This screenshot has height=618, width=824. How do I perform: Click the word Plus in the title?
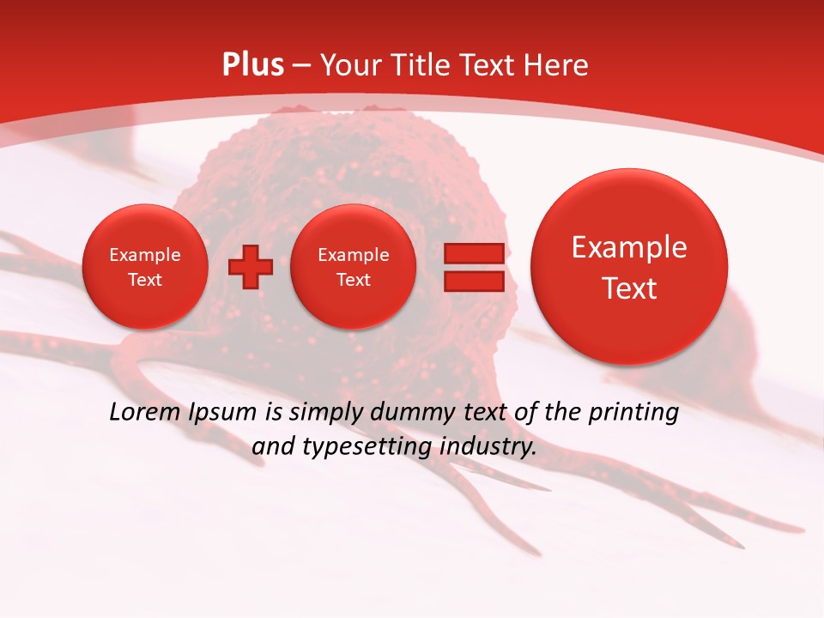pyautogui.click(x=252, y=65)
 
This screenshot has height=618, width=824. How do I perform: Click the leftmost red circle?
pyautogui.click(x=145, y=267)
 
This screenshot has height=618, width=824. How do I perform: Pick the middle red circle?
pyautogui.click(x=354, y=267)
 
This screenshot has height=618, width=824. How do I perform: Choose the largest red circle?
pyautogui.click(x=629, y=267)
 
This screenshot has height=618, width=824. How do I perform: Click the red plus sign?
pyautogui.click(x=250, y=266)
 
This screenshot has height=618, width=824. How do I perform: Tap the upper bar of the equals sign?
pyautogui.click(x=473, y=253)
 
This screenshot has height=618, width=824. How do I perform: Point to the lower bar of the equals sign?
pyautogui.click(x=473, y=282)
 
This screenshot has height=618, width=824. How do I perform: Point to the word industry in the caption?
pyautogui.click(x=487, y=447)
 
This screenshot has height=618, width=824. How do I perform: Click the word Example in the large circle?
pyautogui.click(x=629, y=247)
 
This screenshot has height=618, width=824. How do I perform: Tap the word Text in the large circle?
pyautogui.click(x=629, y=288)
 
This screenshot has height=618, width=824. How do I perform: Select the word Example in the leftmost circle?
pyautogui.click(x=145, y=255)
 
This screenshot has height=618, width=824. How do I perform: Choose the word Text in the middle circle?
pyautogui.click(x=354, y=280)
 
